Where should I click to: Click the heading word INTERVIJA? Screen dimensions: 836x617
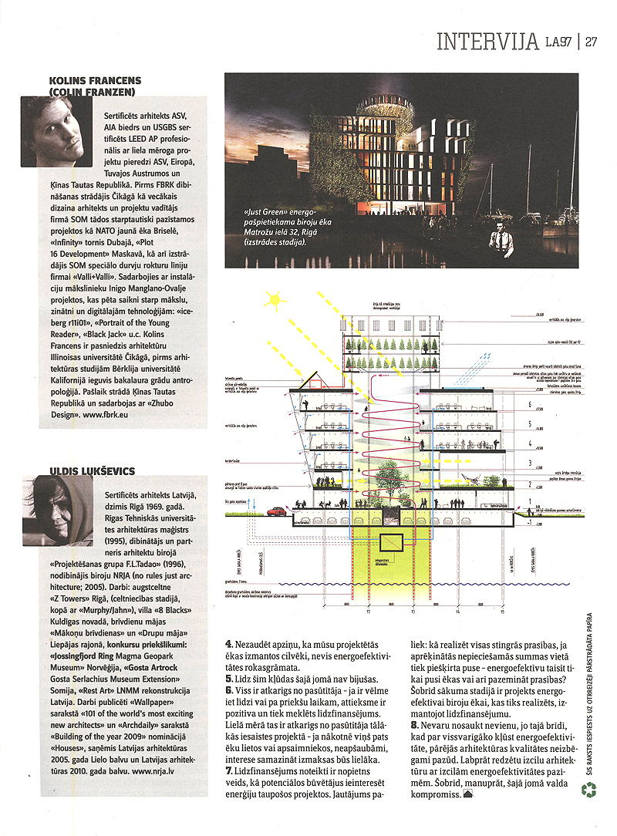pyautogui.click(x=487, y=41)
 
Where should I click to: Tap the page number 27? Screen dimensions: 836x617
pyautogui.click(x=592, y=41)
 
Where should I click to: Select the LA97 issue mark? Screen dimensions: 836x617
pyautogui.click(x=559, y=41)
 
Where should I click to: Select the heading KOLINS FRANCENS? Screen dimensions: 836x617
pyautogui.click(x=95, y=79)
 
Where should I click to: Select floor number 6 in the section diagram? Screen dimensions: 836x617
pyautogui.click(x=527, y=404)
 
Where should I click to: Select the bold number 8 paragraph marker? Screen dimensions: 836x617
pyautogui.click(x=414, y=726)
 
